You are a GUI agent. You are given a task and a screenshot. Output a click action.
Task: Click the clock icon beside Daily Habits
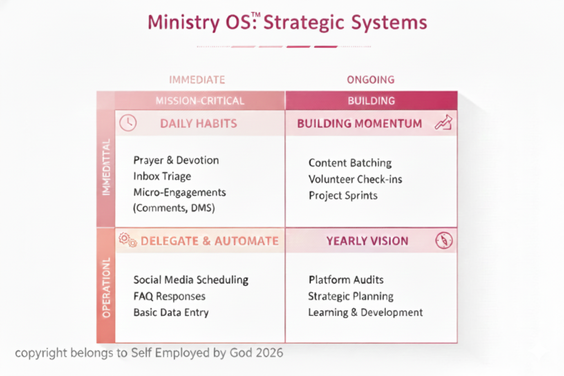pos(128,123)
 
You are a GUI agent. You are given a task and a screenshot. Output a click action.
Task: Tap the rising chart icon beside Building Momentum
pos(443,123)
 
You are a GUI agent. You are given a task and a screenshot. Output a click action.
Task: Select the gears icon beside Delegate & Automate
pos(128,240)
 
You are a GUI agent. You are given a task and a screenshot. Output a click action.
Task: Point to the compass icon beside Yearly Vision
pos(444,240)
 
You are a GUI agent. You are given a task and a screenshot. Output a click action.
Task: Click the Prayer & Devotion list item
pos(176,160)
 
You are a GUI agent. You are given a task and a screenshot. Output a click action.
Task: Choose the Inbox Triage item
pos(162,176)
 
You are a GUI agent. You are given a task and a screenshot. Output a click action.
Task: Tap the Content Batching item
pos(350,163)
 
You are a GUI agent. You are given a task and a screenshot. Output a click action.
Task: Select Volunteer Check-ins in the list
pos(355,179)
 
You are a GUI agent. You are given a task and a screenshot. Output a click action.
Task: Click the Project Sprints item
pos(343,195)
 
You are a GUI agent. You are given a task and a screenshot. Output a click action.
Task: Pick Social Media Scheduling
pos(191,280)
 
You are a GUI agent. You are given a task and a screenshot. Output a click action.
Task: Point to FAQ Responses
pos(169,296)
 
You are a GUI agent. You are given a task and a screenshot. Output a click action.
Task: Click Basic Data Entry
pos(171,312)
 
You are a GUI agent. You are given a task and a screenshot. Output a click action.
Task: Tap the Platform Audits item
pos(346,280)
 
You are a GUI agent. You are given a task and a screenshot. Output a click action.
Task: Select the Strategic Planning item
pos(350,296)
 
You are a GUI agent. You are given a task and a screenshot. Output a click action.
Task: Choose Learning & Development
pos(365,312)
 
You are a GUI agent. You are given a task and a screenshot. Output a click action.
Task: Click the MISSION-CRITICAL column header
pos(200,101)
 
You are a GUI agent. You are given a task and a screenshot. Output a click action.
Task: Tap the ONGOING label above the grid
pos(370,79)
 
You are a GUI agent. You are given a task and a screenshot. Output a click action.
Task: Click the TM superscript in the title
pos(255,15)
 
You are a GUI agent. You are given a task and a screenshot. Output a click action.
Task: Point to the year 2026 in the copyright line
pos(270,353)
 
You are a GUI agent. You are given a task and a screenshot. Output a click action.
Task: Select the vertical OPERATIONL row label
pos(106,287)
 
